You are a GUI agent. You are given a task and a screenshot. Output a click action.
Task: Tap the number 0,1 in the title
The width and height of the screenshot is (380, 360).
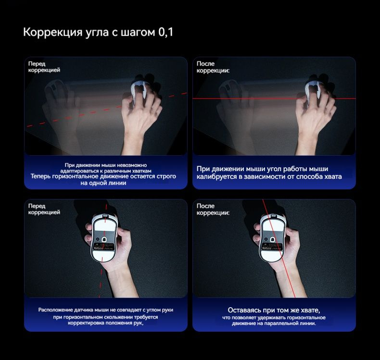[165, 33]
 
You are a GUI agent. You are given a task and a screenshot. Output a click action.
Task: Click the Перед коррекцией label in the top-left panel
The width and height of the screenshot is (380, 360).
[44, 66]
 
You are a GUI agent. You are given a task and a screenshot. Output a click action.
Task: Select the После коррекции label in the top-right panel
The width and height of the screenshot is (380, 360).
[213, 66]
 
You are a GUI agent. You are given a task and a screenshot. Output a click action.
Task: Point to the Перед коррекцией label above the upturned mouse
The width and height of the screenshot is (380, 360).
[44, 209]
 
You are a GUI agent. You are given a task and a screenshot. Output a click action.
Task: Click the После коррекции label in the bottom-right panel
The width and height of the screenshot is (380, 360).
[213, 209]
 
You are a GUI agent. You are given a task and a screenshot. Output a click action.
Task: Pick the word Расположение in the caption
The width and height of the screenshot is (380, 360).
[56, 310]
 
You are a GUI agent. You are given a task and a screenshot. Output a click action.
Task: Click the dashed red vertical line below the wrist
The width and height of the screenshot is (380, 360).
[100, 284]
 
